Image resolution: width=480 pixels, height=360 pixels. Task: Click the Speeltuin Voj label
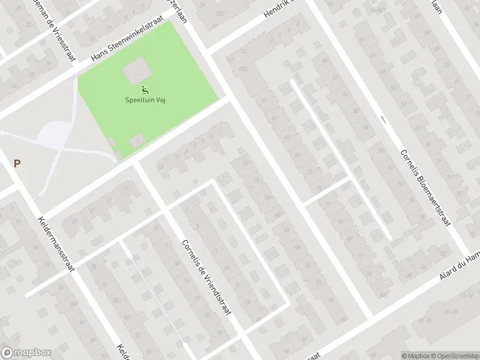145,100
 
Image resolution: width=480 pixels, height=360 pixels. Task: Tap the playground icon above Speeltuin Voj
145,91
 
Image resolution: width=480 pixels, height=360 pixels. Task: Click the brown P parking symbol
17,163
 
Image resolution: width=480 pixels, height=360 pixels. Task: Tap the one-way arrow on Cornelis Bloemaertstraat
383,120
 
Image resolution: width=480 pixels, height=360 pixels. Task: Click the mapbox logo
26,353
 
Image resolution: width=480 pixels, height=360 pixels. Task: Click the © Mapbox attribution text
415,355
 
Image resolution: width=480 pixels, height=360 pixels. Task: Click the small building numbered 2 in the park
137,142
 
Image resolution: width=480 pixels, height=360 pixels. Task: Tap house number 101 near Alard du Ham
383,294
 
